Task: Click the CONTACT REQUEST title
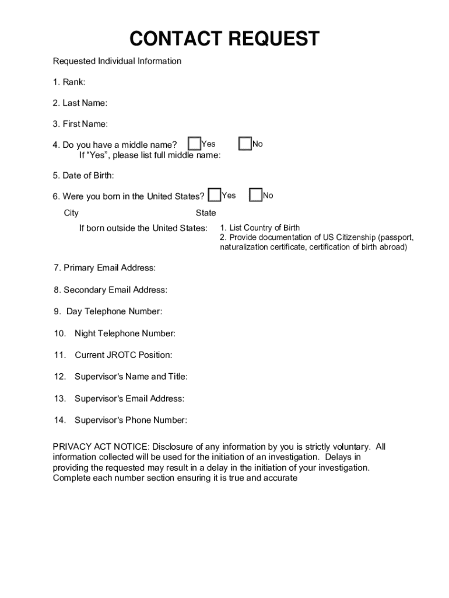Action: (224, 39)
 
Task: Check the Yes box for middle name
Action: (194, 144)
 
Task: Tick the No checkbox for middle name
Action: (245, 144)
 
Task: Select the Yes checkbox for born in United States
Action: (215, 195)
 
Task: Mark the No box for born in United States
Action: (255, 195)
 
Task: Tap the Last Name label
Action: (80, 103)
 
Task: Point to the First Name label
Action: (80, 124)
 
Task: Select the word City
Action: (71, 213)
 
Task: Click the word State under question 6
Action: (206, 213)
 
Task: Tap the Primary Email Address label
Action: (105, 268)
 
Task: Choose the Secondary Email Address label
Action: (111, 290)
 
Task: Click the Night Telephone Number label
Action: (124, 333)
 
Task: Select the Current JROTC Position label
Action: (123, 355)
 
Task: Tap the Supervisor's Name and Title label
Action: (131, 377)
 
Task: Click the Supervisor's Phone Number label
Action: (131, 420)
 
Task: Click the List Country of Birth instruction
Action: (260, 228)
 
